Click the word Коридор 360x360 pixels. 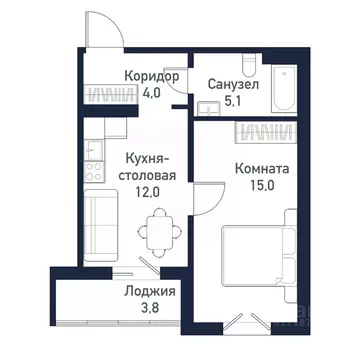[x=152, y=76]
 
